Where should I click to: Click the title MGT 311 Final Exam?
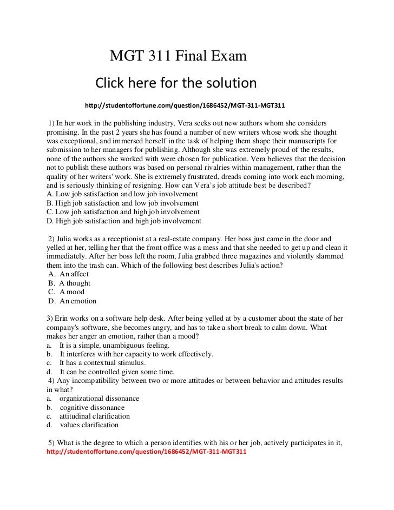point(178,56)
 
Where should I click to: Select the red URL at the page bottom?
point(146,452)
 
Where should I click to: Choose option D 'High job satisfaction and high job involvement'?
point(124,221)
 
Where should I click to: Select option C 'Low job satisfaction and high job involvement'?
point(124,211)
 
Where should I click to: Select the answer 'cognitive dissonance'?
point(92,407)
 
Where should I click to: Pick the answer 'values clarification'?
point(89,425)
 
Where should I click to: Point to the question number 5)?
point(52,442)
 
